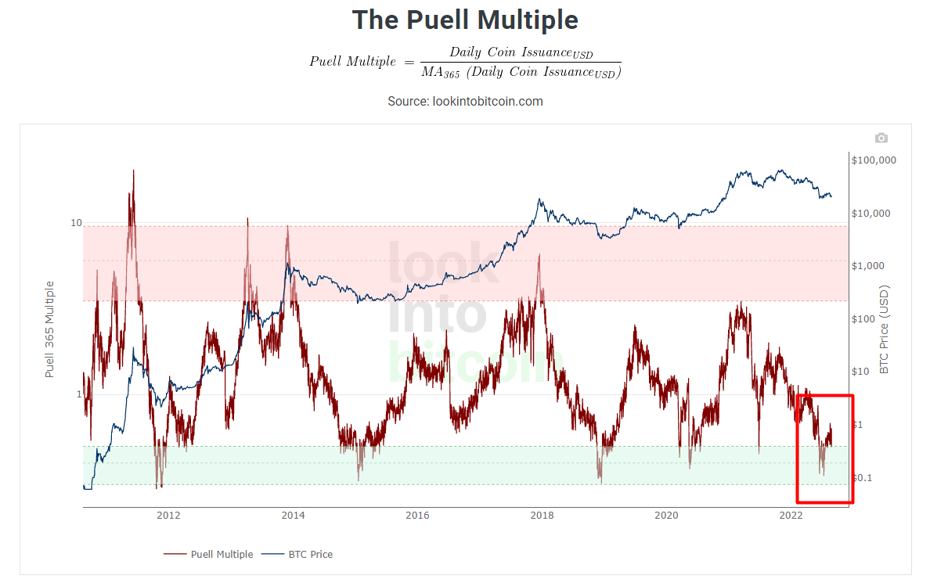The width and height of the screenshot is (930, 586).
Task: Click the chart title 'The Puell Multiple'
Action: point(465,20)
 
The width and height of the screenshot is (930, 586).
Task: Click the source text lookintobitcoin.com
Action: point(465,101)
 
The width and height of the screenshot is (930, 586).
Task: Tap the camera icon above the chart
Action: point(881,138)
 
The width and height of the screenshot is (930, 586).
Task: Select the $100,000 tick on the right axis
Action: point(874,160)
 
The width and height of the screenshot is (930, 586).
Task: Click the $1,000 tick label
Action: point(868,266)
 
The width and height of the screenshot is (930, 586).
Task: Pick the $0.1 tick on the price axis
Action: point(861,478)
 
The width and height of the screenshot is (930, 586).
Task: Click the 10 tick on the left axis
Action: point(76,224)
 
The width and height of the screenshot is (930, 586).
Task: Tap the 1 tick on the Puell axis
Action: point(78,394)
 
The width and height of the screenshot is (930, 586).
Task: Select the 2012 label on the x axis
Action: point(168,515)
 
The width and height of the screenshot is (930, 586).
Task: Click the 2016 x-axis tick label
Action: point(417,515)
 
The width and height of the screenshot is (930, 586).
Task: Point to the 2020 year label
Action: point(666,515)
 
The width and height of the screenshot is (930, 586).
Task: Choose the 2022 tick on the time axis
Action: point(791,515)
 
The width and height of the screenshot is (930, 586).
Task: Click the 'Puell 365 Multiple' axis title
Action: point(50,329)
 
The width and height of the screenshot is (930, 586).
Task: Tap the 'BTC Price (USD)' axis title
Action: point(885,329)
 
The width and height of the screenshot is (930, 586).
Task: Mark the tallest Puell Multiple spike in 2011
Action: point(133,172)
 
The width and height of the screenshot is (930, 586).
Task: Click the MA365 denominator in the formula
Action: point(521,73)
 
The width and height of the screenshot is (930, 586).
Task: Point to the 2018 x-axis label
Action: point(542,515)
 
